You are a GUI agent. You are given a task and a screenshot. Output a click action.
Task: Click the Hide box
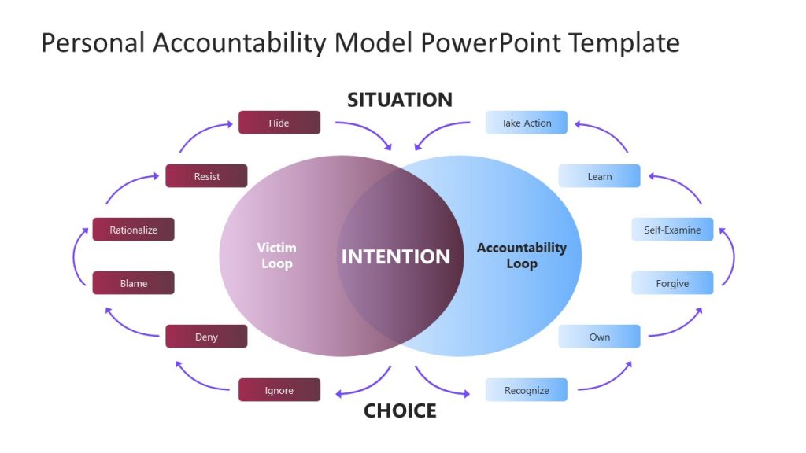pyautogui.click(x=279, y=123)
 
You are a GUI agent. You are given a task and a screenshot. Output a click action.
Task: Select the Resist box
pyautogui.click(x=206, y=176)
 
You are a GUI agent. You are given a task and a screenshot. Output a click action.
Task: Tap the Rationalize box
pyautogui.click(x=133, y=230)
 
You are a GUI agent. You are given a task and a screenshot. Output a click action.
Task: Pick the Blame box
pyautogui.click(x=133, y=283)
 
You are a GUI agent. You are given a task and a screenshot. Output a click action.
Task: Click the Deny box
pyautogui.click(x=206, y=337)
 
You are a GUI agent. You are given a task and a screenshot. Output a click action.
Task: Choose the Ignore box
pyautogui.click(x=279, y=390)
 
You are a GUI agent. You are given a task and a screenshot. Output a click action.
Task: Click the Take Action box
pyautogui.click(x=526, y=123)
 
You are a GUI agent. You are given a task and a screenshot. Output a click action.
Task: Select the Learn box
pyautogui.click(x=599, y=176)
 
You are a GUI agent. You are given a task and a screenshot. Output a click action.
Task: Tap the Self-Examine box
pyautogui.click(x=672, y=230)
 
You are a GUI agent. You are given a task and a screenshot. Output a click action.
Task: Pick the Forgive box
pyautogui.click(x=672, y=283)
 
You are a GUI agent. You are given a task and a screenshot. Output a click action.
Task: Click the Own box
pyautogui.click(x=599, y=337)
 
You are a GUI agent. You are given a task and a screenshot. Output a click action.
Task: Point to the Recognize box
pyautogui.click(x=526, y=390)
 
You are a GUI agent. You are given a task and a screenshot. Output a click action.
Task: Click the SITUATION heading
pyautogui.click(x=400, y=100)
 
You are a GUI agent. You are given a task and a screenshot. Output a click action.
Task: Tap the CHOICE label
pyautogui.click(x=400, y=411)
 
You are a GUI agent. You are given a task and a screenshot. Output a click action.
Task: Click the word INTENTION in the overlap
pyautogui.click(x=395, y=256)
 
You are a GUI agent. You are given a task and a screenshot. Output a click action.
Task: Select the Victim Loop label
pyautogui.click(x=276, y=256)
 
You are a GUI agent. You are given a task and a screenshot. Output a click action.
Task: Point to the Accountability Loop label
pyautogui.click(x=521, y=256)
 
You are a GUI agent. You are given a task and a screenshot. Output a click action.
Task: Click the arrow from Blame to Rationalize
pyautogui.click(x=76, y=256)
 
